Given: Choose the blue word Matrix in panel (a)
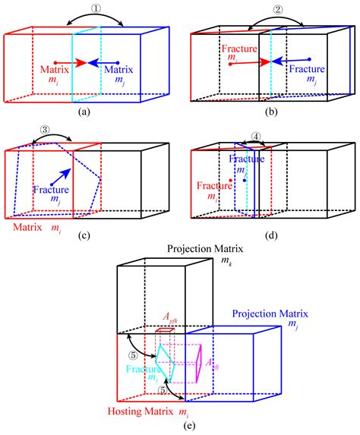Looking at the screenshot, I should tap(118, 70).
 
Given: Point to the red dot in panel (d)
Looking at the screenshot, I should tap(229, 181).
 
